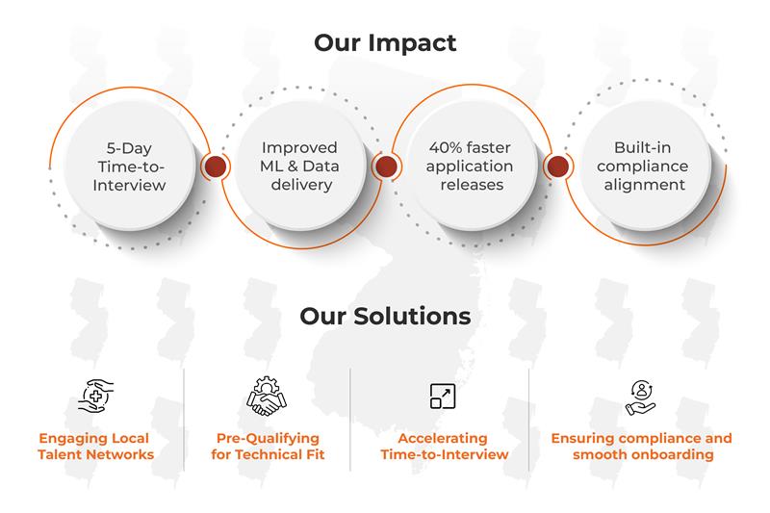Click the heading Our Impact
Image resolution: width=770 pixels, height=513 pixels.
point(385,43)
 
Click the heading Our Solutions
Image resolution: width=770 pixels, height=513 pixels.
point(385,316)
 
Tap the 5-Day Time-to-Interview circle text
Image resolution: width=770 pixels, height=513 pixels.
point(129,167)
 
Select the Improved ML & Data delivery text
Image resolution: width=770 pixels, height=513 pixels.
point(299,166)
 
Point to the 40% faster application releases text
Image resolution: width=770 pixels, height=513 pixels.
point(470,166)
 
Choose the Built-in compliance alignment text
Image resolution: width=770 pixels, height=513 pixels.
point(642,166)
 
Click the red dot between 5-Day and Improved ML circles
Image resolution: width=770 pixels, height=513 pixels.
point(215,167)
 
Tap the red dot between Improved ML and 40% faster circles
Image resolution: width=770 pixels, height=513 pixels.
point(386,167)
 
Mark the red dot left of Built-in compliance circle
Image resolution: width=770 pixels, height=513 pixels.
point(558,167)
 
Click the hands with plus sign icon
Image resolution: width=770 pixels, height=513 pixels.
point(95,396)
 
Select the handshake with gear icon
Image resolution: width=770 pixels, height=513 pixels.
point(267,397)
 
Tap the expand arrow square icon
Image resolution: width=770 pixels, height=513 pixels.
point(443,397)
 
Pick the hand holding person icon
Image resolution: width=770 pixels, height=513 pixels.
point(641,398)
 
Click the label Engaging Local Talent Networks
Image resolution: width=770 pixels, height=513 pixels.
point(95,447)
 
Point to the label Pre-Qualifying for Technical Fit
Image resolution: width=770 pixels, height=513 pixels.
point(268,447)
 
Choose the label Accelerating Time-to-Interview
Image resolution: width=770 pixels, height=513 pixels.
point(444,447)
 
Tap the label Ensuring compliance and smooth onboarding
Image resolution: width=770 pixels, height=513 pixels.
point(641,447)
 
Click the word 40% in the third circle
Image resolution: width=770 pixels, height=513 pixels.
point(445,147)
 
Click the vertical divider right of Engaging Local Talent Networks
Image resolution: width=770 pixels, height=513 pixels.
point(184,420)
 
